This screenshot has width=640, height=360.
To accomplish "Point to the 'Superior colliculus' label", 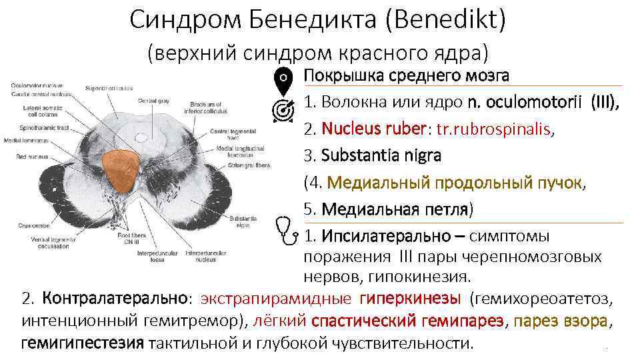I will [109, 88].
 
